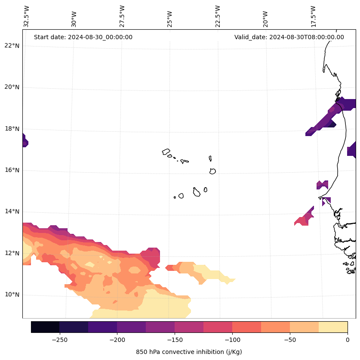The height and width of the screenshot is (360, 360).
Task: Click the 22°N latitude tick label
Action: pyautogui.click(x=12, y=46)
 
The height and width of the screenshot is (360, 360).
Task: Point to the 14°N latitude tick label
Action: pyautogui.click(x=12, y=211)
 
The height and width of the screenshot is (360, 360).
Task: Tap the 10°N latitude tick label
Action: pyautogui.click(x=12, y=295)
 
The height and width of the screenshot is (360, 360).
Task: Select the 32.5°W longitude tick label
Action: pyautogui.click(x=27, y=16)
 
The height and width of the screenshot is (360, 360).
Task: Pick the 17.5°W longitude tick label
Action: pyautogui.click(x=313, y=16)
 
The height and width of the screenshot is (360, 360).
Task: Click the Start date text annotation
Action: pyautogui.click(x=83, y=37)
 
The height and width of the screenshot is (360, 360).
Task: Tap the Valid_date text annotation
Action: pyautogui.click(x=289, y=37)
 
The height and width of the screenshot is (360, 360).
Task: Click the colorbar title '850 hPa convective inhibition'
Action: pyautogui.click(x=189, y=352)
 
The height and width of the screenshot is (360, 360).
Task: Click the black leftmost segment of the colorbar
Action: pyautogui.click(x=45, y=327)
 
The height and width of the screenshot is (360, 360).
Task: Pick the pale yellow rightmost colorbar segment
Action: pyautogui.click(x=333, y=327)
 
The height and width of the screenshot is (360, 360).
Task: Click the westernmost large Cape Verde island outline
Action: pyautogui.click(x=166, y=152)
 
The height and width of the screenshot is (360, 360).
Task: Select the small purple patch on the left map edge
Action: pyautogui.click(x=25, y=141)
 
